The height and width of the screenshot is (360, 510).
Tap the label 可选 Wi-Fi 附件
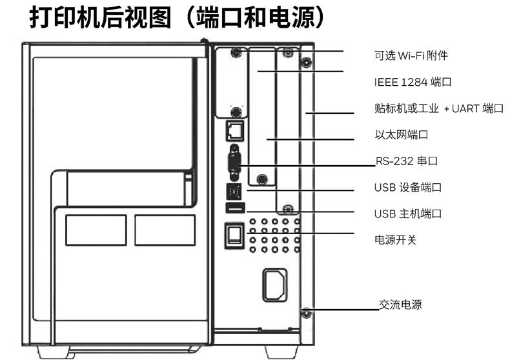(x=411, y=55)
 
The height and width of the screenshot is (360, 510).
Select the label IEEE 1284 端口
(x=412, y=83)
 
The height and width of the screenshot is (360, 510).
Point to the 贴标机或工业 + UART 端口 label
(x=438, y=108)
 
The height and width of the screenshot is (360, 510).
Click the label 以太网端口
(x=401, y=135)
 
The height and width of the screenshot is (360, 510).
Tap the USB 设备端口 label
(x=407, y=188)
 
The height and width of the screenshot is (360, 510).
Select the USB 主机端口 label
(x=407, y=213)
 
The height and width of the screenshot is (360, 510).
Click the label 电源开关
(x=395, y=239)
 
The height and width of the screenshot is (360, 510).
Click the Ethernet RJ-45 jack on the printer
(x=234, y=131)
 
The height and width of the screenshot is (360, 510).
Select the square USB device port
(x=234, y=192)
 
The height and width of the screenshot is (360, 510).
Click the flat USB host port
(x=234, y=208)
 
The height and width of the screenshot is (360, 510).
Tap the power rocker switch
(x=234, y=235)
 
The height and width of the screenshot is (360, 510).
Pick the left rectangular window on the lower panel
(x=96, y=230)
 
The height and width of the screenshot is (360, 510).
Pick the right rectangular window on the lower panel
(x=165, y=230)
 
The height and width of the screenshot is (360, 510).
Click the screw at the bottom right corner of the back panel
(x=305, y=314)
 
